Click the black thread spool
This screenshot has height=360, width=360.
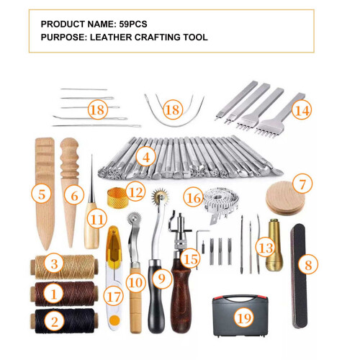(64, 321)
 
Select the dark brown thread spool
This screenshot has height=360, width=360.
(64, 293)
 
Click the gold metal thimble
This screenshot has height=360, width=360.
(117, 197)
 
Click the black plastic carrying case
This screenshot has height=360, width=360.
(240, 315)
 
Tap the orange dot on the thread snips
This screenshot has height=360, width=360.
(114, 320)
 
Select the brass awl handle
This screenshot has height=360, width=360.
(274, 245)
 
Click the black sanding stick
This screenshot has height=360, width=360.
(300, 276)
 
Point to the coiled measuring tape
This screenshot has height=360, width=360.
(221, 204)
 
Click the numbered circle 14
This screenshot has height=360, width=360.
(302, 110)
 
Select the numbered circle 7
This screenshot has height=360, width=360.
(302, 184)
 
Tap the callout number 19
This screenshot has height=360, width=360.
(244, 318)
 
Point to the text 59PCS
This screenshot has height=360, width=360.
(133, 24)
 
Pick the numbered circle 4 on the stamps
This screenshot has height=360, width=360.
(146, 157)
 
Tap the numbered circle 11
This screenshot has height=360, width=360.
(97, 219)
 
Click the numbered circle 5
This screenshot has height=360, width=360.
(42, 194)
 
